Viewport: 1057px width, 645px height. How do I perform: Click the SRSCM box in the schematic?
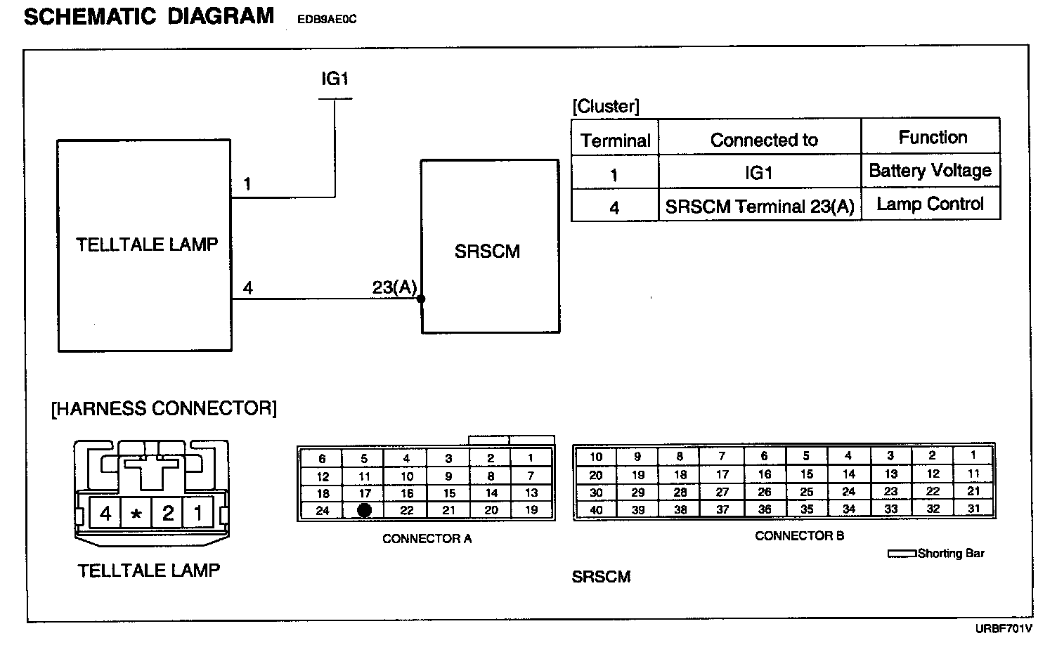pyautogui.click(x=490, y=247)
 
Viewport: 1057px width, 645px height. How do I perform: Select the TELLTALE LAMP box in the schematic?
pyautogui.click(x=145, y=245)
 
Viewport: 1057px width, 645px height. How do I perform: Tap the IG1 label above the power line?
pyautogui.click(x=335, y=79)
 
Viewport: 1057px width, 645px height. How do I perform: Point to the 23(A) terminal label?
pyautogui.click(x=394, y=287)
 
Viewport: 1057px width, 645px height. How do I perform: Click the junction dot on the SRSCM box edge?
pyautogui.click(x=421, y=299)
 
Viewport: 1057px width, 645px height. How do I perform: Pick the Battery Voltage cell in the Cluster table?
pyautogui.click(x=930, y=171)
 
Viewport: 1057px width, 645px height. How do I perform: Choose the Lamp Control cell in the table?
pyautogui.click(x=930, y=204)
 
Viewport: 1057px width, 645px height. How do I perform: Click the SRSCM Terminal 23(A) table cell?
pyautogui.click(x=759, y=207)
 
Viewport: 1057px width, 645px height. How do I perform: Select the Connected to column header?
pyautogui.click(x=763, y=141)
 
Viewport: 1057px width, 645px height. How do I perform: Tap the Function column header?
pyautogui.click(x=933, y=138)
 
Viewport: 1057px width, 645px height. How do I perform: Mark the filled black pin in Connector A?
pyautogui.click(x=364, y=511)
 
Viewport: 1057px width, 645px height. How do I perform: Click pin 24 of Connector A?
pyautogui.click(x=323, y=511)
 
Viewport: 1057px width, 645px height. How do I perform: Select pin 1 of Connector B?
pyautogui.click(x=973, y=455)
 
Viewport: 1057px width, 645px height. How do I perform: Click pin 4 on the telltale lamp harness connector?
pyautogui.click(x=105, y=514)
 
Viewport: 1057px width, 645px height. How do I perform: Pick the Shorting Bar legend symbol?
pyautogui.click(x=902, y=554)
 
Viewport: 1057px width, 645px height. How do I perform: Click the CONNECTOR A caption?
pyautogui.click(x=427, y=539)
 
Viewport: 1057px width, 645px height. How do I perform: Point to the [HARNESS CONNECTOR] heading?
pyautogui.click(x=164, y=408)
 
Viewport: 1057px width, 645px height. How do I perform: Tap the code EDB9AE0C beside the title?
pyautogui.click(x=328, y=20)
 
